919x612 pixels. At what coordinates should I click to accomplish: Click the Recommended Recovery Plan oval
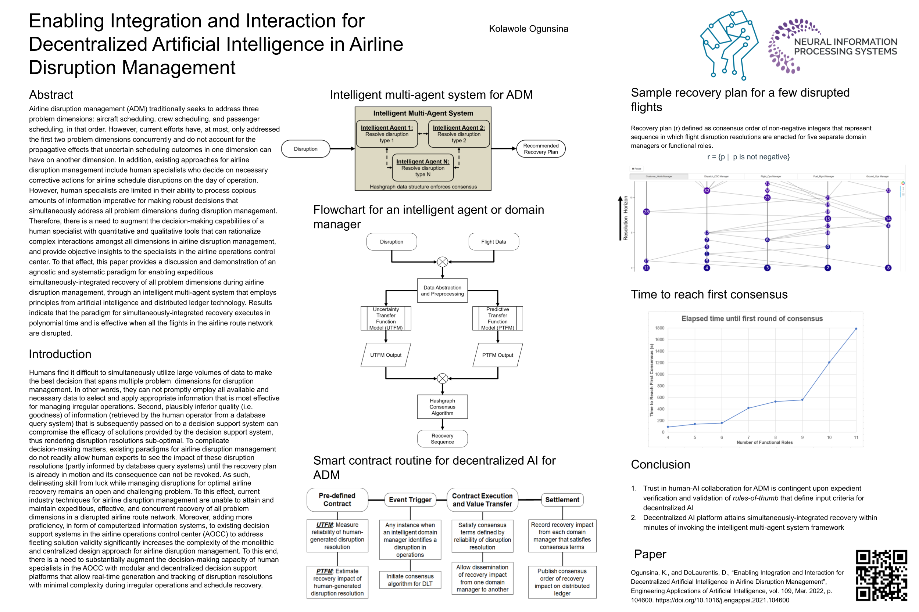click(x=540, y=149)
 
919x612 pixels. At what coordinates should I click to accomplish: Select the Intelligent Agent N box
click(x=423, y=168)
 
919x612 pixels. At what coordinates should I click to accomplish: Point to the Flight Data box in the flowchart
click(x=493, y=242)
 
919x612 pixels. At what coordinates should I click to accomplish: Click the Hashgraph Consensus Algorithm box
click(x=442, y=407)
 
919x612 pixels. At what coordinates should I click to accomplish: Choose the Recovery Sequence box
click(x=442, y=439)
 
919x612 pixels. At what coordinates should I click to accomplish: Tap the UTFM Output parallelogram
click(x=386, y=355)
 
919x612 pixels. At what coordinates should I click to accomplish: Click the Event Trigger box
click(x=410, y=500)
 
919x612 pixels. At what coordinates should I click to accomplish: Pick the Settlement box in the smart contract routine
click(x=562, y=500)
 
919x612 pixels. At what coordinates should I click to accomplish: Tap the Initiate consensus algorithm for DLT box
click(x=410, y=580)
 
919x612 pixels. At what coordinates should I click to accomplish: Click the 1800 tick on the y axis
click(x=659, y=328)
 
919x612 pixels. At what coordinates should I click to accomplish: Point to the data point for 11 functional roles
click(x=856, y=329)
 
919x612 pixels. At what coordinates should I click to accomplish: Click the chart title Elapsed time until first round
click(x=752, y=318)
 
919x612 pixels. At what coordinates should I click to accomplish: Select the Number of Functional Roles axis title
click(x=764, y=442)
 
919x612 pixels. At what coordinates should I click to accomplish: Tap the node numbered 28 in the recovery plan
click(x=646, y=212)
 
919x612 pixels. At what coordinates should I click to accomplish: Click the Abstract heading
click(x=51, y=95)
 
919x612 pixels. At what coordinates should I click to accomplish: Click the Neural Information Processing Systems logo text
click(x=845, y=46)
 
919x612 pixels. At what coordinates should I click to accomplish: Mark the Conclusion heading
click(x=661, y=464)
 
